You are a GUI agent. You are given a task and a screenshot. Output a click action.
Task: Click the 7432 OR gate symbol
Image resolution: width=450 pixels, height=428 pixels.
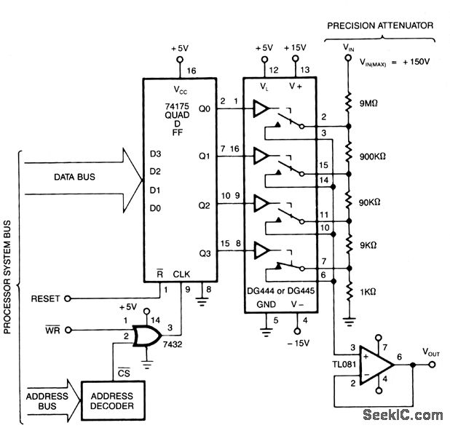pos(147,336)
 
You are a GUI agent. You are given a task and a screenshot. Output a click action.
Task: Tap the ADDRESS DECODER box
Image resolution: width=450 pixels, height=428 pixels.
pos(113,401)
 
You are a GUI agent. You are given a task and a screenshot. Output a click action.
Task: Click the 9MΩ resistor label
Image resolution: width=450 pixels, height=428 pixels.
pos(368,103)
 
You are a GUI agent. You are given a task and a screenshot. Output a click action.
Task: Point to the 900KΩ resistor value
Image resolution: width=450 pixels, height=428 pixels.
pos(373,156)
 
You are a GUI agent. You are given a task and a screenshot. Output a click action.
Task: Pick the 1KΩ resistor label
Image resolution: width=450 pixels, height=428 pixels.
pos(368,292)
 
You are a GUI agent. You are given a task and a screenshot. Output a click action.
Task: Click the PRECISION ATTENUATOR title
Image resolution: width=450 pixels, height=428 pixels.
pos(380,25)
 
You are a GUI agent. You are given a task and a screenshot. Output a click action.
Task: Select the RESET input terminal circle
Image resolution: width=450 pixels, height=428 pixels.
pos(68,298)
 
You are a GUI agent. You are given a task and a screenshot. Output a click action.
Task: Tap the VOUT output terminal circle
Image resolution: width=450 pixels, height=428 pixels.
pos(432,365)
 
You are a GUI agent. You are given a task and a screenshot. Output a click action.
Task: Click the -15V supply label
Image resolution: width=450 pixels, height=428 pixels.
pos(299,344)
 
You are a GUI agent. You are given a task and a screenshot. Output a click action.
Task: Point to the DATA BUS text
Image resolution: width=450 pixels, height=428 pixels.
pos(74,177)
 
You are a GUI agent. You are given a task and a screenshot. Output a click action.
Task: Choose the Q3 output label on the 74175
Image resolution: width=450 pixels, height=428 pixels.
pos(205,253)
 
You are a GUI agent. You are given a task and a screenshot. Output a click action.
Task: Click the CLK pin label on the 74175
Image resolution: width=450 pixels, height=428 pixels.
pos(181,274)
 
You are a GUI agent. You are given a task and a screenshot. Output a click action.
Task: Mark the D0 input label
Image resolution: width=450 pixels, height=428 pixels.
pos(155,209)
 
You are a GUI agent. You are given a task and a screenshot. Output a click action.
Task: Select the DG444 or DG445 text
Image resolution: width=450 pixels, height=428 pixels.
pos(280,291)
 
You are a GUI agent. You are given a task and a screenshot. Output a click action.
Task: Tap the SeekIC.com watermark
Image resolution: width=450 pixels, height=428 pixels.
pos(403,415)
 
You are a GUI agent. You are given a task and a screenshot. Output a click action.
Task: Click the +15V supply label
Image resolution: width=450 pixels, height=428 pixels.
pos(295,47)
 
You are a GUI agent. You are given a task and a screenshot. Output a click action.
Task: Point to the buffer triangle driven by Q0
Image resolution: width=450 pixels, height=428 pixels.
pos(261,108)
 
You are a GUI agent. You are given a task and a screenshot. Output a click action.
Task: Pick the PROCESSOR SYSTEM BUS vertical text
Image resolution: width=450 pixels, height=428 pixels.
pos(7,277)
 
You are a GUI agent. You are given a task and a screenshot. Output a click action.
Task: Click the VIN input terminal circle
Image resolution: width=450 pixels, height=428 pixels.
pos(348,58)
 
